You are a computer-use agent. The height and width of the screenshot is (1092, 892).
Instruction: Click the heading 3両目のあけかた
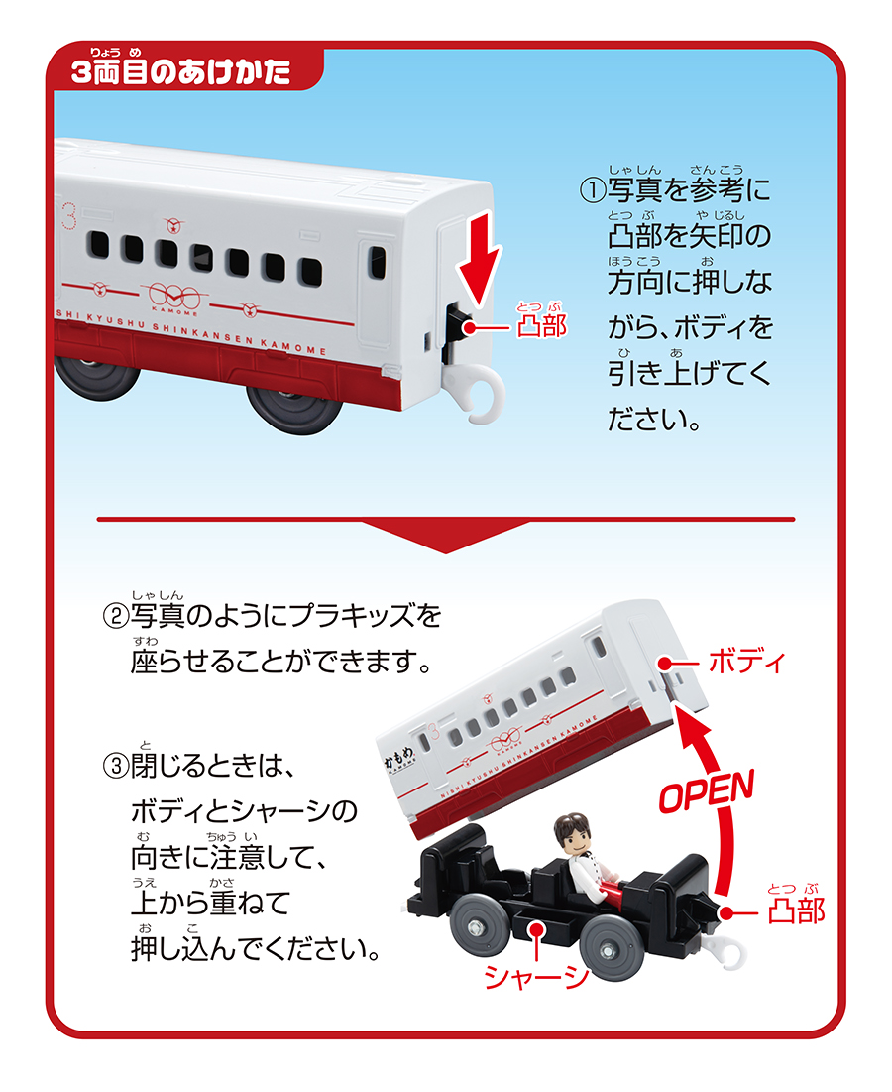[x=181, y=71]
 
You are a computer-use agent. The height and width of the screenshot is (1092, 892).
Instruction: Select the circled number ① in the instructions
[x=592, y=189]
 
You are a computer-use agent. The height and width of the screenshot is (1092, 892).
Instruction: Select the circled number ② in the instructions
[x=116, y=616]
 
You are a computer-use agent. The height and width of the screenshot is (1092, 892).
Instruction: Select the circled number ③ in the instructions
[x=116, y=766]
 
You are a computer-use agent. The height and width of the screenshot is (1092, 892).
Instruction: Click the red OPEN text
[x=707, y=790]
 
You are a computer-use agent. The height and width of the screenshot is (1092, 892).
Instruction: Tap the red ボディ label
[x=746, y=662]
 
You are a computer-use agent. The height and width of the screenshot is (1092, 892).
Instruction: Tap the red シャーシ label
[x=536, y=976]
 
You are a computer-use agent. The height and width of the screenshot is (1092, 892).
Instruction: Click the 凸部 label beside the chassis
[x=796, y=910]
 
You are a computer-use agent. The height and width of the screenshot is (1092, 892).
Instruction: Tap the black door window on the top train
[x=377, y=263]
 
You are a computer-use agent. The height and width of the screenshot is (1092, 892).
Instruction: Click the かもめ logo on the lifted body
[x=399, y=760]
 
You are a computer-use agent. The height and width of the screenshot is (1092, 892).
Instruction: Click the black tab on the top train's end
[x=460, y=325]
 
